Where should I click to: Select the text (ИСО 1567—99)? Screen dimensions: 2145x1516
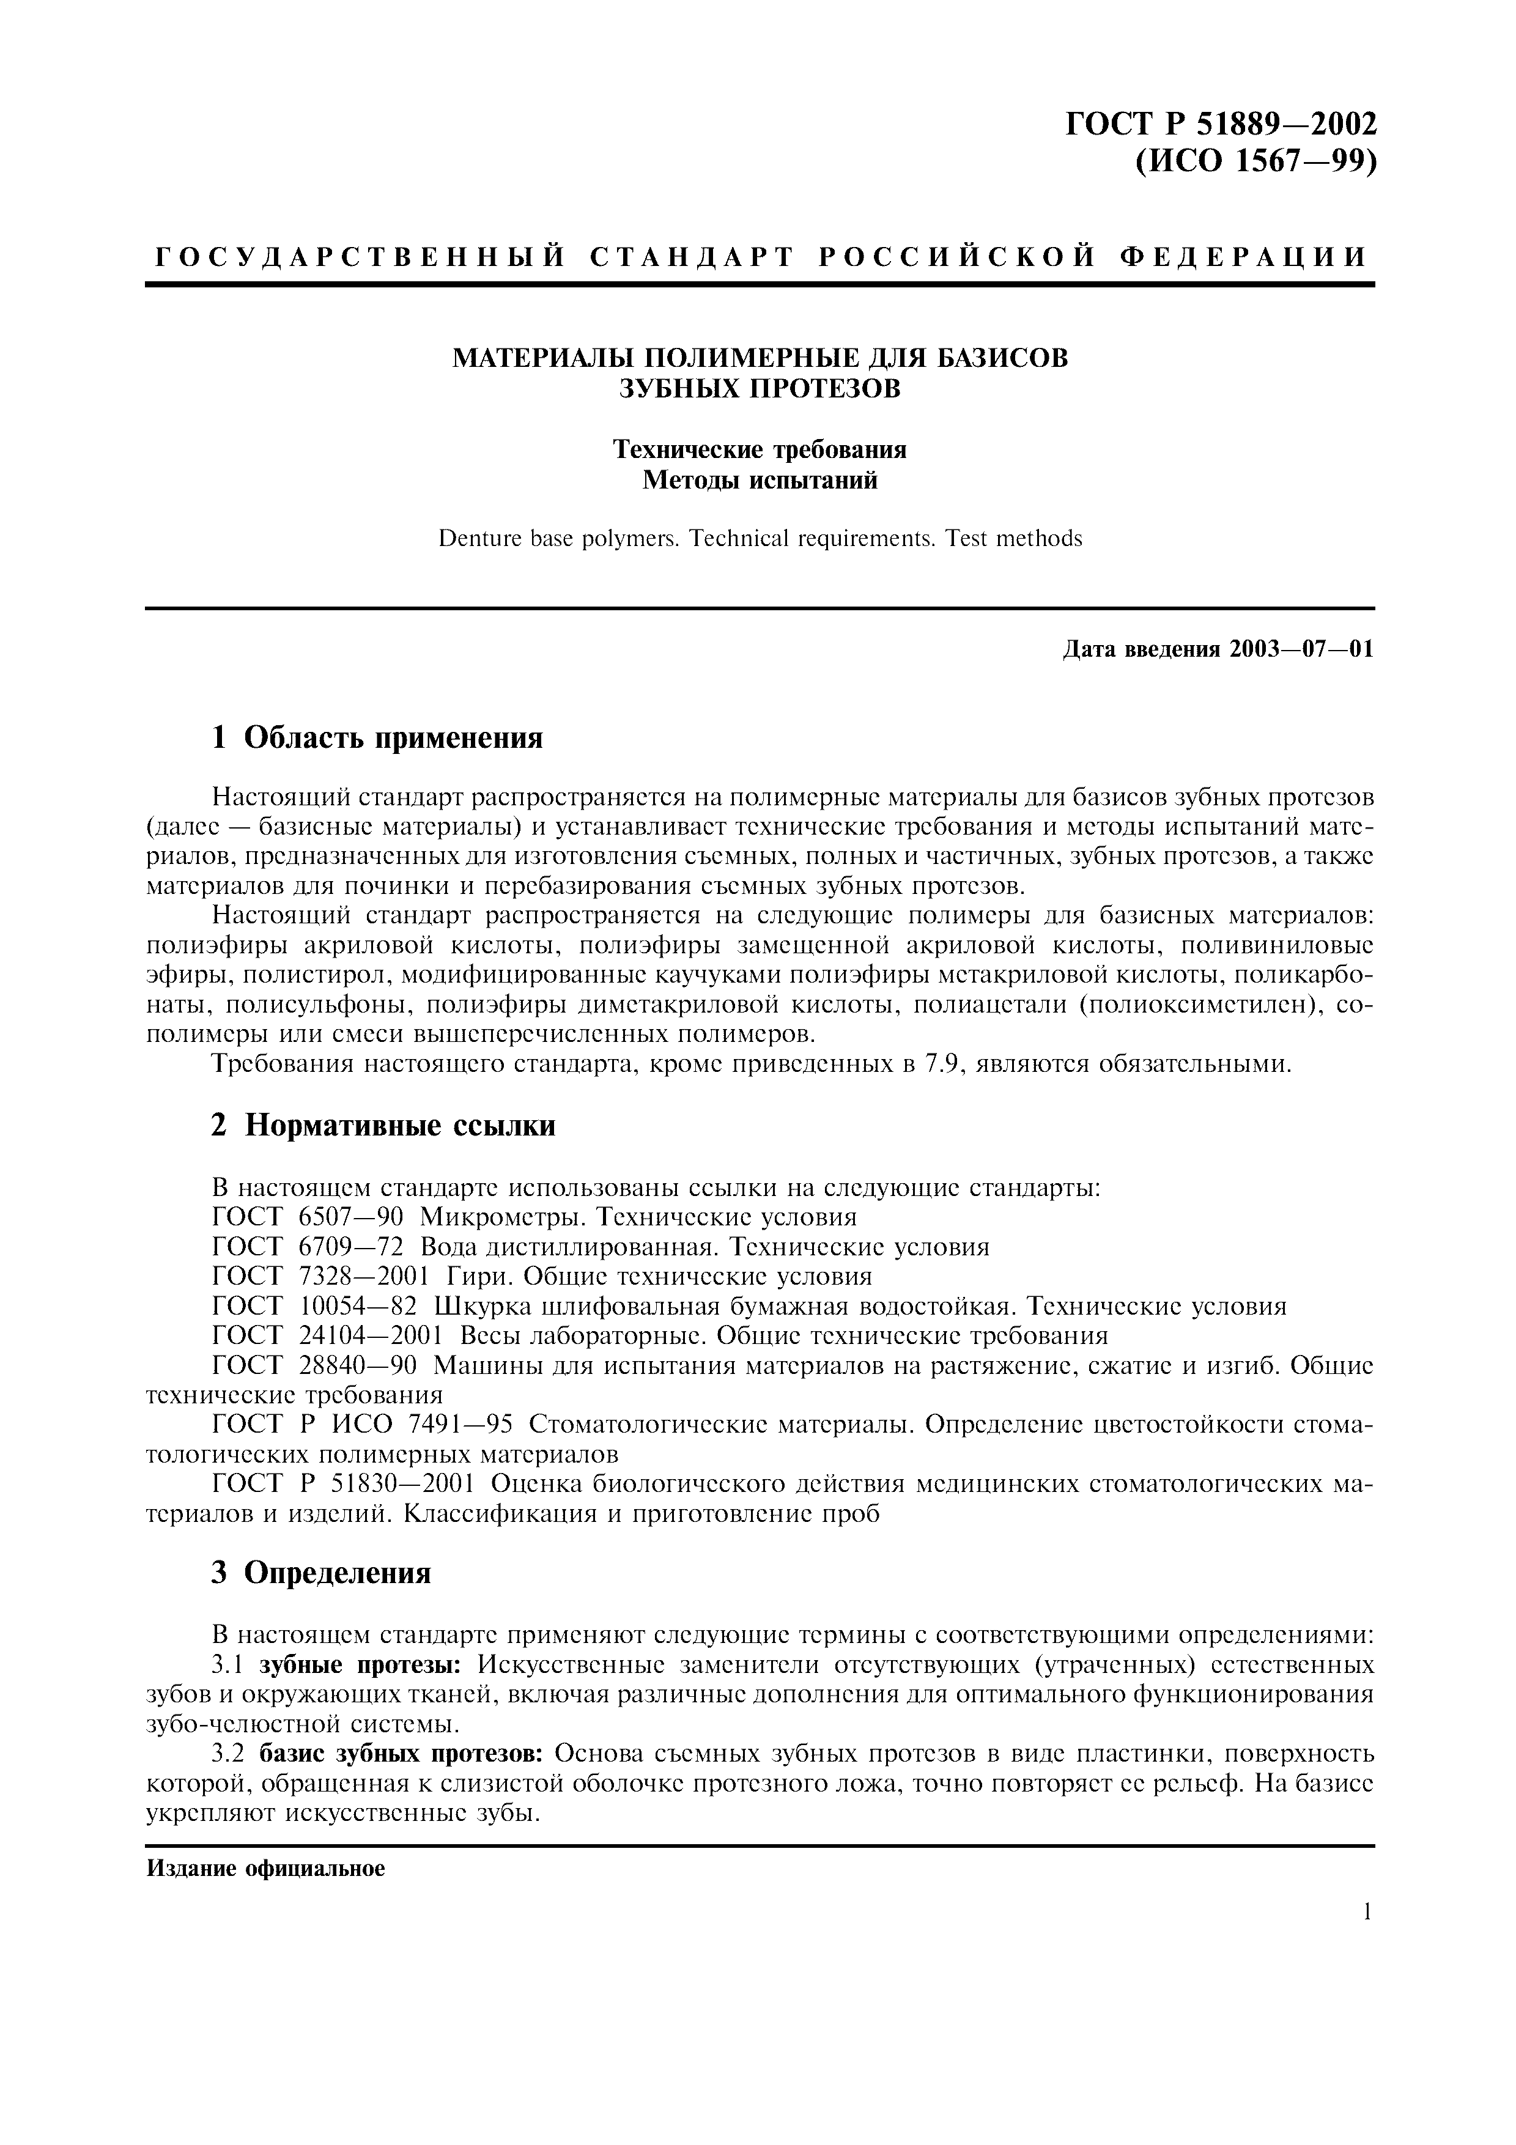(1255, 161)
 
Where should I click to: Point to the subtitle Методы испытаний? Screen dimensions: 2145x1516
(760, 481)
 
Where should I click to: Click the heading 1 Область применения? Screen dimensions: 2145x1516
(377, 738)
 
